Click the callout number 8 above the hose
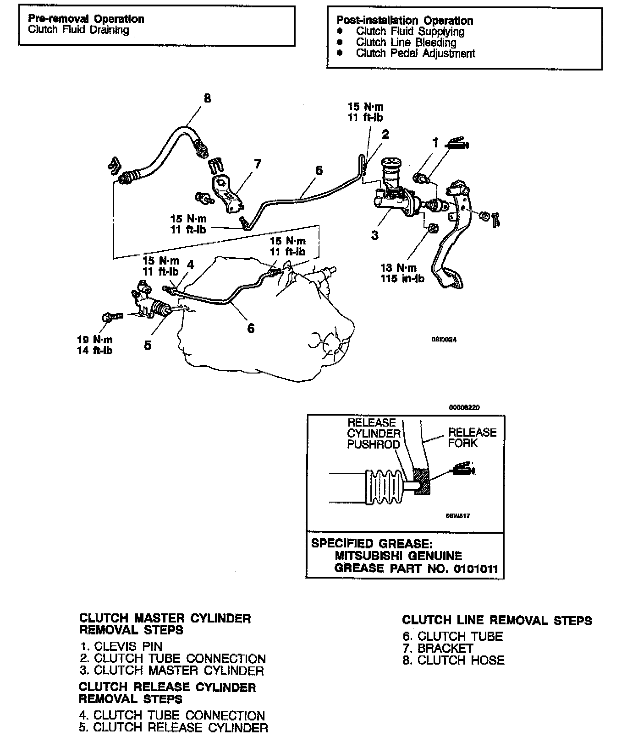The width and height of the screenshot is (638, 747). tap(207, 98)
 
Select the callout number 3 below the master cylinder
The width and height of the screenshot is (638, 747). tap(375, 236)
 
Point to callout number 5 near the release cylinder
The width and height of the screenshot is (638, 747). tap(148, 345)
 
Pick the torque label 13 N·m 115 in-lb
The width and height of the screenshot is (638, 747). tap(402, 273)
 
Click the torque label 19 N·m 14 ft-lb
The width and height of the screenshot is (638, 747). tap(95, 345)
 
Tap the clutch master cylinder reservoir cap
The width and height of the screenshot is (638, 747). tap(391, 164)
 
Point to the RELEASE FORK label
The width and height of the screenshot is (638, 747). tap(472, 438)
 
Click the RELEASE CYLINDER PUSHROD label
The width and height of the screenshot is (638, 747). tap(373, 433)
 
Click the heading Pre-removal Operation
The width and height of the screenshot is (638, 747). tap(86, 19)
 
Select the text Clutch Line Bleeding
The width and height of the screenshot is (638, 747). tap(406, 43)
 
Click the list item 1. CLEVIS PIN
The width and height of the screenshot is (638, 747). tap(121, 647)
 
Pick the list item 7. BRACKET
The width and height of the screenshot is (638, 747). tap(438, 648)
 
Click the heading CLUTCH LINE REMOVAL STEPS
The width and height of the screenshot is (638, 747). tap(497, 621)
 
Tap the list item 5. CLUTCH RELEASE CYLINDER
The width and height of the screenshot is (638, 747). tap(173, 727)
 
